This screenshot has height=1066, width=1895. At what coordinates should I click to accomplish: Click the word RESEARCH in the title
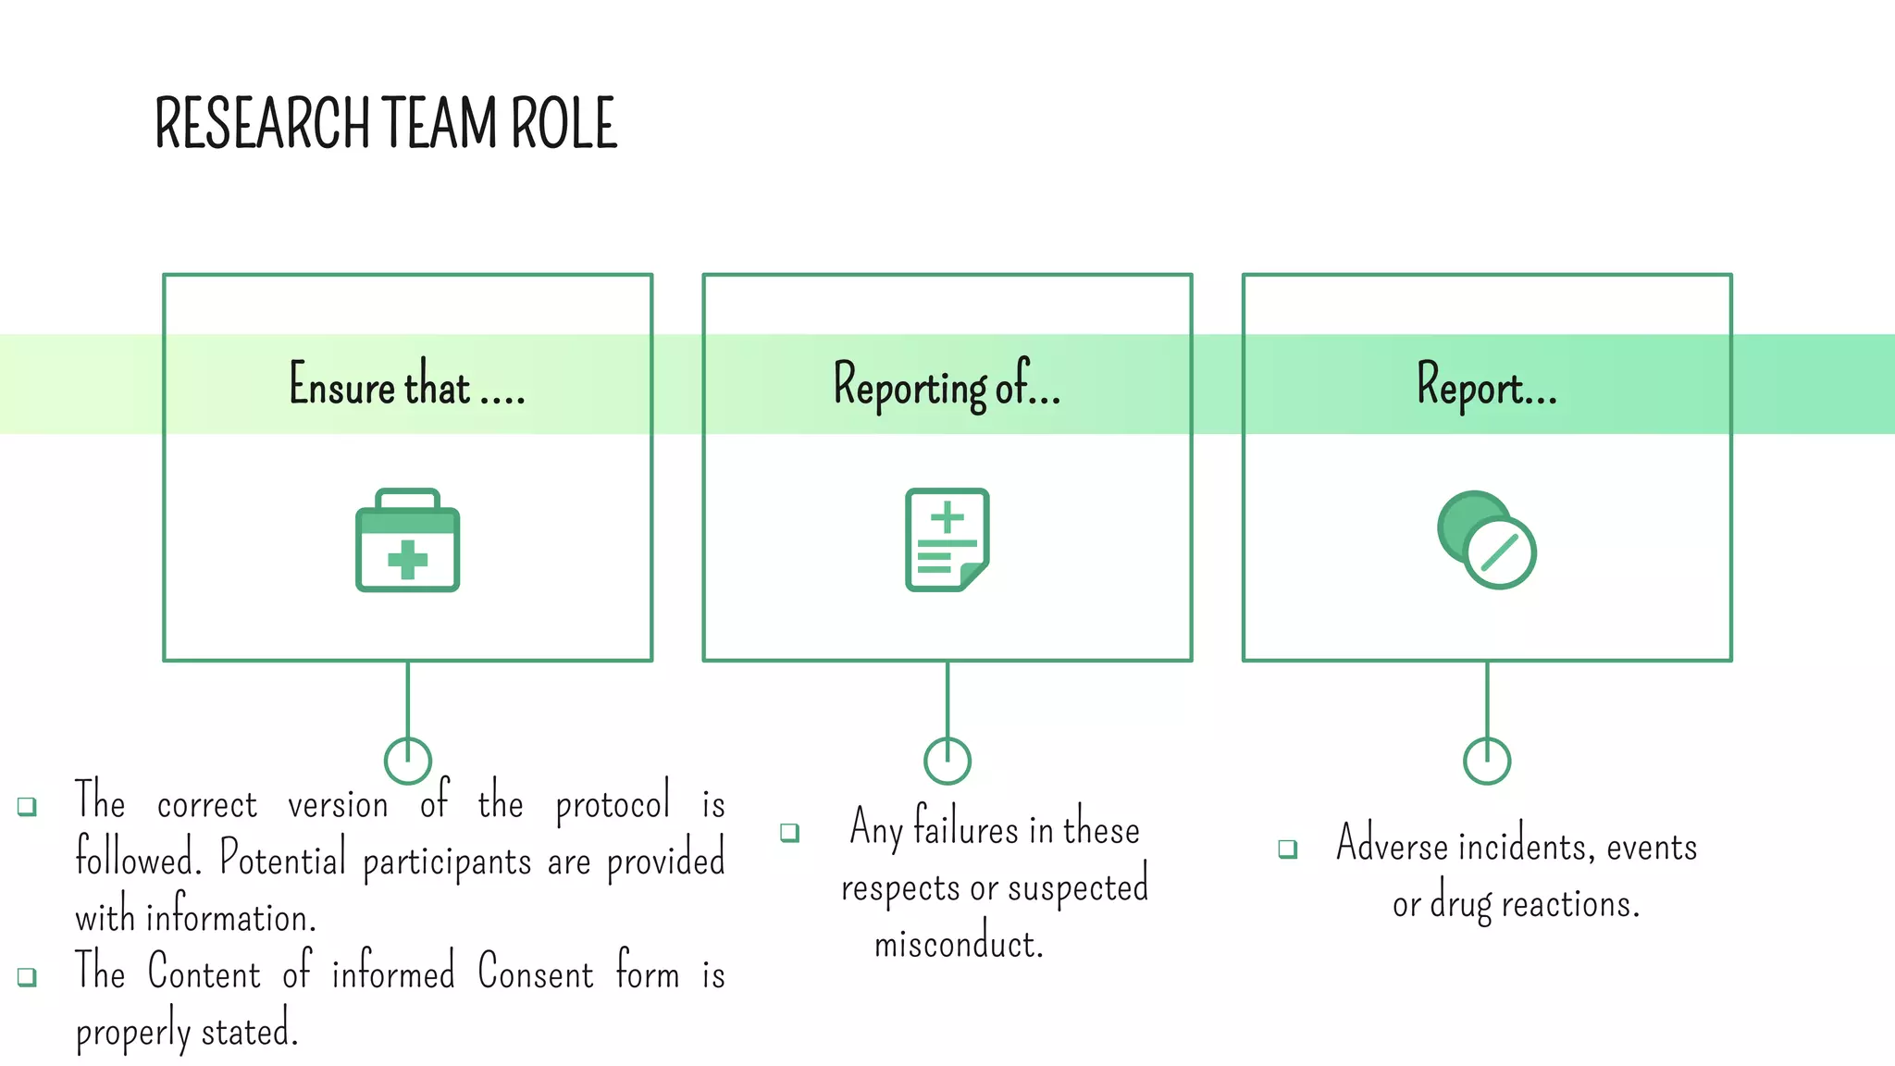point(262,124)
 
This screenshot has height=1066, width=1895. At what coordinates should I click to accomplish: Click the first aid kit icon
point(407,541)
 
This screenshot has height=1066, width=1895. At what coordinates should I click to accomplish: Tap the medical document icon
point(947,539)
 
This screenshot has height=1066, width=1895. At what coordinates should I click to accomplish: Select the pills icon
point(1486,540)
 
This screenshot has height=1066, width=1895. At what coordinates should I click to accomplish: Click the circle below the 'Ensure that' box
point(407,761)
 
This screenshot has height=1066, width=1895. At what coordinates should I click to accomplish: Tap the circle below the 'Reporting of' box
point(947,761)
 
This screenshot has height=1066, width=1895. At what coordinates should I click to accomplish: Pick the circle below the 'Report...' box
point(1486,761)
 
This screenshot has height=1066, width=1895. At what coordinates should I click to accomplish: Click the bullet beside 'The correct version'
point(28,806)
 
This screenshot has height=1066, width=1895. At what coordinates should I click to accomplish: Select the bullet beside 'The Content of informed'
point(28,977)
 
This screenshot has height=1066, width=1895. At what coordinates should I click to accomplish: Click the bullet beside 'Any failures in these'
point(789,832)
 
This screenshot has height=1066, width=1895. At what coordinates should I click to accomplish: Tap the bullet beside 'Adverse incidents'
point(1287,849)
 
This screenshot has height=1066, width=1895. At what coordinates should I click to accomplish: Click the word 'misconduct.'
point(959,944)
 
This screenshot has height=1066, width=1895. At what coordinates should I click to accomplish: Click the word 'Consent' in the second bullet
point(536,973)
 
